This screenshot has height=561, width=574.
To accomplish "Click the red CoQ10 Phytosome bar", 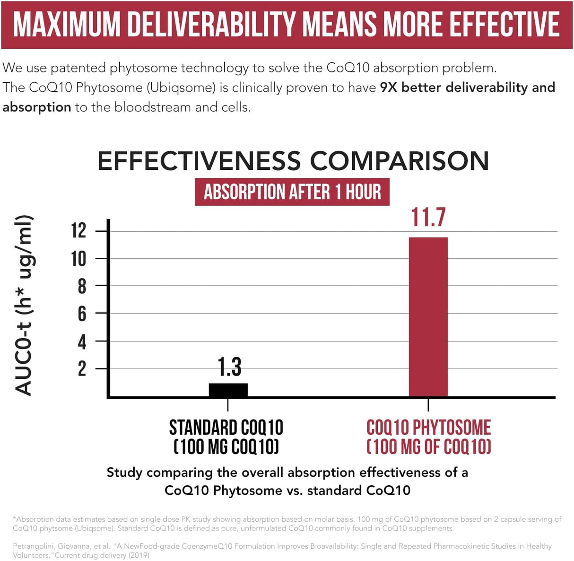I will pos(428,316).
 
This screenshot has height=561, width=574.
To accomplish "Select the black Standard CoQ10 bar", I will pos(228,390).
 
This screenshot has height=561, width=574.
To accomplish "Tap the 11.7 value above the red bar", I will pos(428,218).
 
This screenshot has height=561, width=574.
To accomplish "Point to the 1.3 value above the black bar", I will pos(229,367).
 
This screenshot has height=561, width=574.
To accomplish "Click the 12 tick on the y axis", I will pos(78,231).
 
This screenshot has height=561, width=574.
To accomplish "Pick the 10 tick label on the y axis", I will pos(78,259).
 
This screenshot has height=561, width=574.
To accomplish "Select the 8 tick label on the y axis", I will pos(82,286).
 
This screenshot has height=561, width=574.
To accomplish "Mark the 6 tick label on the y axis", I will pos(82,314).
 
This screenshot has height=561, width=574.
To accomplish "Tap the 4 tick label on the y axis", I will pos(82,342).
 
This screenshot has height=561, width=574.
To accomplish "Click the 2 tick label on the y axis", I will pos(82,368).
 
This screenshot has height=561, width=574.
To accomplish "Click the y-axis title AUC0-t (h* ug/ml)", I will pos(24,305).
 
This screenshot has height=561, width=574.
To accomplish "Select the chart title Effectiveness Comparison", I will pos(293,161).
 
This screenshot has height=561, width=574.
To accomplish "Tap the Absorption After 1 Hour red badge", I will pos(292,192).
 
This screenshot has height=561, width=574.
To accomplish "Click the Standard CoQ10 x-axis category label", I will pos(226,437).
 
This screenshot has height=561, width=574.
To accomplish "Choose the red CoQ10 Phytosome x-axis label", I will pos(428,437).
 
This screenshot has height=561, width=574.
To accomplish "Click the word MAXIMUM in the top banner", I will pos(67,25).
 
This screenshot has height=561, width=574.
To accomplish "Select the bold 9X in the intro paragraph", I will pos(389,88).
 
